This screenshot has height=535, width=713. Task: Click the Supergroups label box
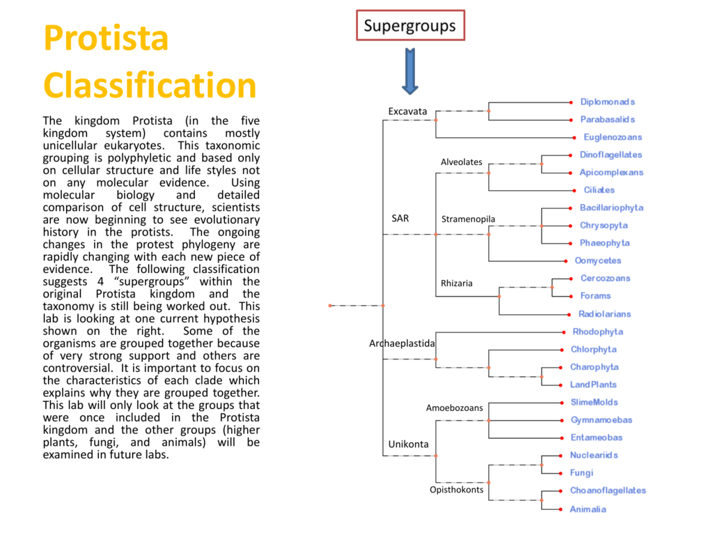(410, 26)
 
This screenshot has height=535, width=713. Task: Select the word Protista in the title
(106, 38)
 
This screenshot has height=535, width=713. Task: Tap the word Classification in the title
(150, 85)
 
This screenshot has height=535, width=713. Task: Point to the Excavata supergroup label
(407, 111)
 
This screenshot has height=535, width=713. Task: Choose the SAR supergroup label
(400, 218)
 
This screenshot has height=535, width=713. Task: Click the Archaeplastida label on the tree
(402, 343)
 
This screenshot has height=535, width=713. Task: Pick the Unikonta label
(408, 444)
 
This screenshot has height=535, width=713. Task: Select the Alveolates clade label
(461, 162)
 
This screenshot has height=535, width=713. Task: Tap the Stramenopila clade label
(468, 219)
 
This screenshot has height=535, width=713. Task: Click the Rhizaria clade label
(456, 284)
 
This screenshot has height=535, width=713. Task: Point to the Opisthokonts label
(456, 490)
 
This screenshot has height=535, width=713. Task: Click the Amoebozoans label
(454, 408)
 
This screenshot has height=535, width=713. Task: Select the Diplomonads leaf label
(607, 102)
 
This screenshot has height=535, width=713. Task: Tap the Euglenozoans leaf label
(613, 137)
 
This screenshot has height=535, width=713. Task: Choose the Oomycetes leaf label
(597, 261)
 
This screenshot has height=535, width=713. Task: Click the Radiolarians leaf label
(604, 314)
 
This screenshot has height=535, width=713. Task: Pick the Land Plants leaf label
(593, 385)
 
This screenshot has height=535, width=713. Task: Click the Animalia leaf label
(588, 509)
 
